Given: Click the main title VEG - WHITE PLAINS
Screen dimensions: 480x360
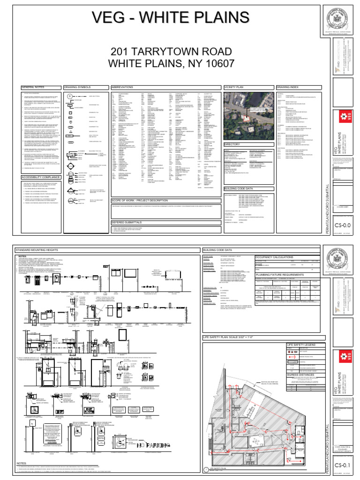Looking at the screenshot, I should (171, 18).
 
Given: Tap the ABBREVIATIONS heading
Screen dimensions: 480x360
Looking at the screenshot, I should (123, 87).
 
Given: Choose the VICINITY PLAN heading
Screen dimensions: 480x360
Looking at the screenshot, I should (234, 87).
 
